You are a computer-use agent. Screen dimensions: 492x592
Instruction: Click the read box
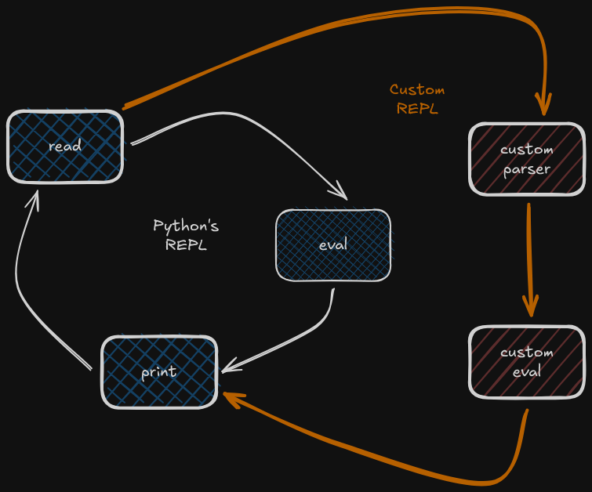click(x=65, y=147)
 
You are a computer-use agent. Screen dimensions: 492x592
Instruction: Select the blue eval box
click(x=332, y=244)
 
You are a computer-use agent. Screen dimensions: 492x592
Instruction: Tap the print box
click(x=158, y=371)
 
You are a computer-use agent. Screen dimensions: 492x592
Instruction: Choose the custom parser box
click(x=526, y=158)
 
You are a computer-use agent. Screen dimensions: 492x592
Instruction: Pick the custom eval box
click(x=526, y=361)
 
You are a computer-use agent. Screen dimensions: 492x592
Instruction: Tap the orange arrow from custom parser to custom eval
click(x=530, y=251)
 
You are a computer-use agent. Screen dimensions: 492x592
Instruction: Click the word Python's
click(x=186, y=226)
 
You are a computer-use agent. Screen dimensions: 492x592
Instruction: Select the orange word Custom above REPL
click(x=417, y=89)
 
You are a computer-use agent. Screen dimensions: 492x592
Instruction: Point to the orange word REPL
click(x=417, y=108)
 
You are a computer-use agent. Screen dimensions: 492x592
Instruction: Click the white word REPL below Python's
click(x=186, y=244)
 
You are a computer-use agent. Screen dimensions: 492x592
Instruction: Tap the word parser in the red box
click(x=526, y=168)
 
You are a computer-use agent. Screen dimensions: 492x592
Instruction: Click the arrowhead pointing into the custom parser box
click(x=543, y=107)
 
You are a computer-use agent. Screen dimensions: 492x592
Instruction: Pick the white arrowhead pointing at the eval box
click(x=339, y=190)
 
